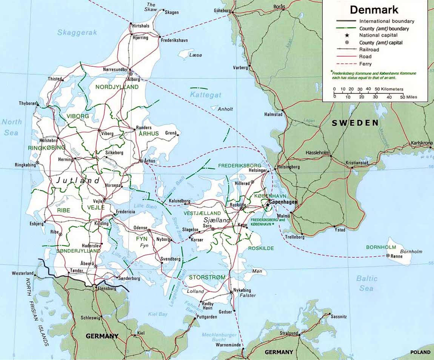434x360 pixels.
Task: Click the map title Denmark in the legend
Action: click(374, 9)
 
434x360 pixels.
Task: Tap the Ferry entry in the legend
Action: click(365, 64)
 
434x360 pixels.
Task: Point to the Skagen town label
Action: click(172, 12)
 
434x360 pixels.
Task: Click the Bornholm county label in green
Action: click(381, 247)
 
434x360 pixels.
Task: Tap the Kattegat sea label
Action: click(206, 95)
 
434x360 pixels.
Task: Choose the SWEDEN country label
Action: click(355, 123)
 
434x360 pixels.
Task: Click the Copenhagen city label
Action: click(283, 202)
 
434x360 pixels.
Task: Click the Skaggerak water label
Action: click(77, 32)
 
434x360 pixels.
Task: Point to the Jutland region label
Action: click(78, 181)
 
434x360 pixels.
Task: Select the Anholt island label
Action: click(225, 109)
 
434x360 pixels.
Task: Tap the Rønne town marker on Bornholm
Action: click(388, 256)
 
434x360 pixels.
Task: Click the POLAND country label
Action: click(420, 352)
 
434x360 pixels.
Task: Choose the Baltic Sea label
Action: click(366, 283)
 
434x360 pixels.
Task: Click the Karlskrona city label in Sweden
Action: click(422, 143)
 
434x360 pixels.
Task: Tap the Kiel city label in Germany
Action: click(141, 333)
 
